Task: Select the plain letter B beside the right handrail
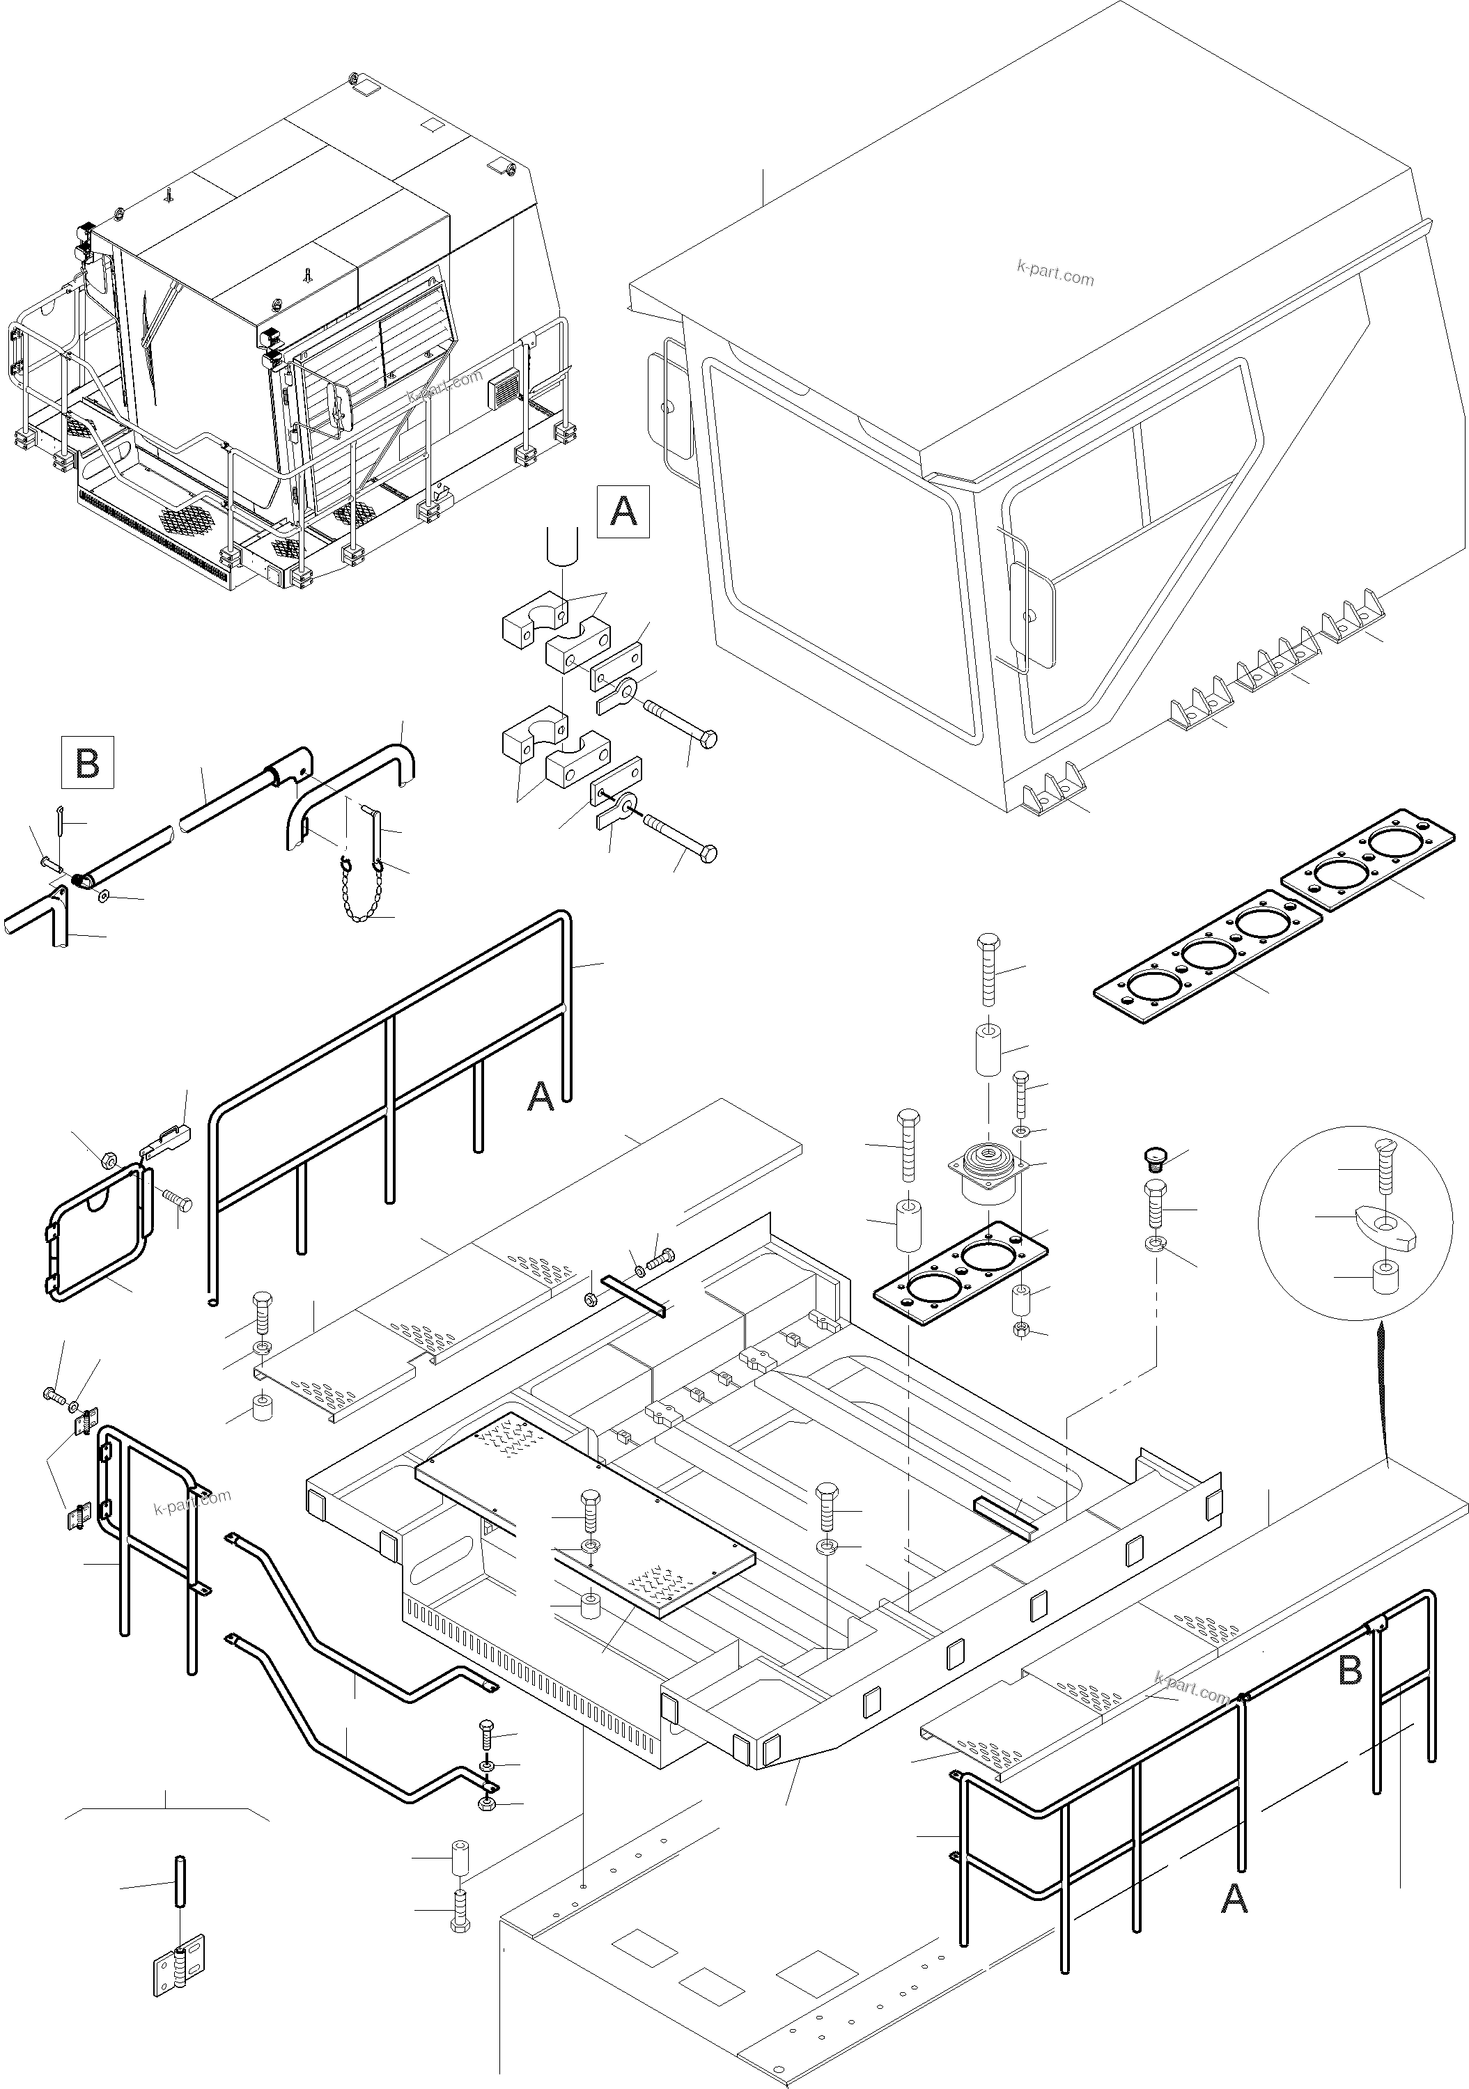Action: (1351, 1671)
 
